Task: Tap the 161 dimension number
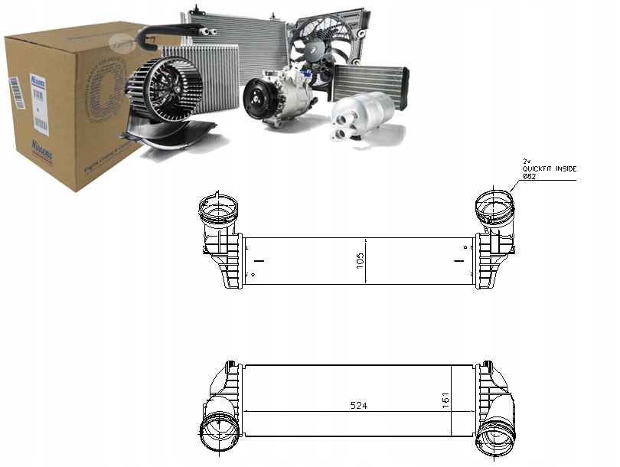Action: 443,400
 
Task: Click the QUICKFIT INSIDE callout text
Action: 550,168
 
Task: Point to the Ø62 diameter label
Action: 530,177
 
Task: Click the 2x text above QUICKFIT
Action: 527,161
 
